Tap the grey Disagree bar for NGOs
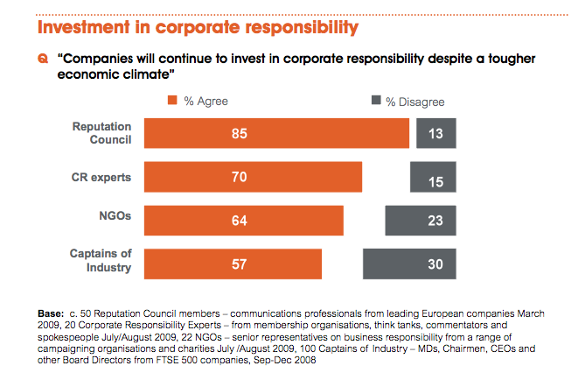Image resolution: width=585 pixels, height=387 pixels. [x=420, y=221]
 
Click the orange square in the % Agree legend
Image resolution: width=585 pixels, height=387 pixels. [x=172, y=102]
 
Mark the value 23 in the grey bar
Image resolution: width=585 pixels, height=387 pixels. [x=435, y=221]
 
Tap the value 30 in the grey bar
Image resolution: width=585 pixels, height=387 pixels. [x=435, y=264]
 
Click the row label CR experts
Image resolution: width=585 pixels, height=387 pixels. [x=102, y=177]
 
